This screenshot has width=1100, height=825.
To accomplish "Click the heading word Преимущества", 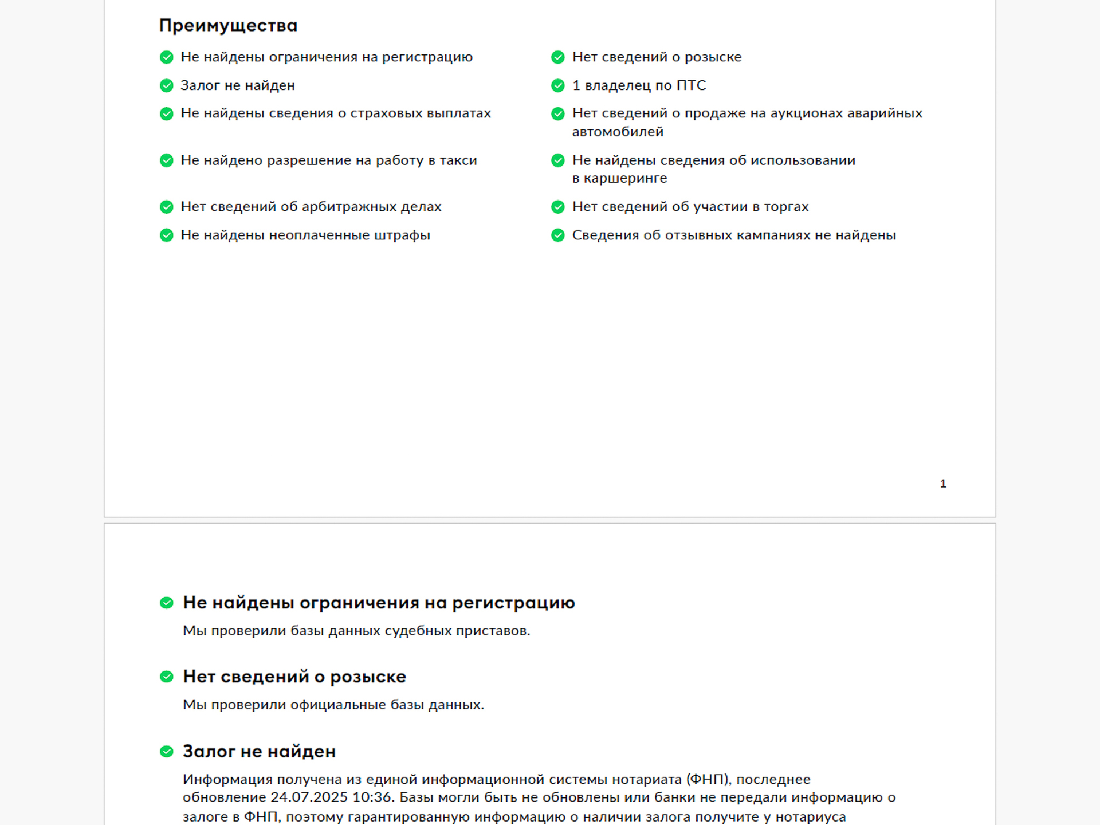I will coord(228,26).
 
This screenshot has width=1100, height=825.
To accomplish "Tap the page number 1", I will coord(943,484).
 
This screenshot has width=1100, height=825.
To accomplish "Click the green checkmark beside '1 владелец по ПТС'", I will coord(557,85).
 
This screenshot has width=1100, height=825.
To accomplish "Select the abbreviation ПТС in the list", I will coord(691,85).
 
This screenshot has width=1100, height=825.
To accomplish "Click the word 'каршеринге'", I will coord(625,178).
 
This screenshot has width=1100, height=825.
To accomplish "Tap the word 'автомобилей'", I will coord(618,132).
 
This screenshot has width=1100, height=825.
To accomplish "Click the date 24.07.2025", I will coord(309,797).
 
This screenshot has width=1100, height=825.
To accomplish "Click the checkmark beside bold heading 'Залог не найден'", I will coord(166,752).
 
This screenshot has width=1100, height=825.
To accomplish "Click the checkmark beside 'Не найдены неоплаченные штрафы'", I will coord(166,235).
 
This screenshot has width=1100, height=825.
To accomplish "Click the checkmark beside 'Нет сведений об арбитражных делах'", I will coord(166,207).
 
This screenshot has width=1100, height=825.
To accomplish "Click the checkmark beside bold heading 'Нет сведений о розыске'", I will coord(166,677).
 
